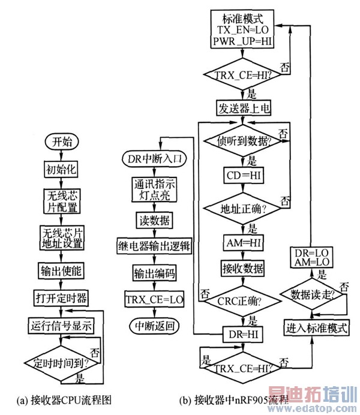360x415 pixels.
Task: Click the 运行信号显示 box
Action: click(60, 326)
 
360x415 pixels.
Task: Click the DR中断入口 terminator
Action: click(151, 160)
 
